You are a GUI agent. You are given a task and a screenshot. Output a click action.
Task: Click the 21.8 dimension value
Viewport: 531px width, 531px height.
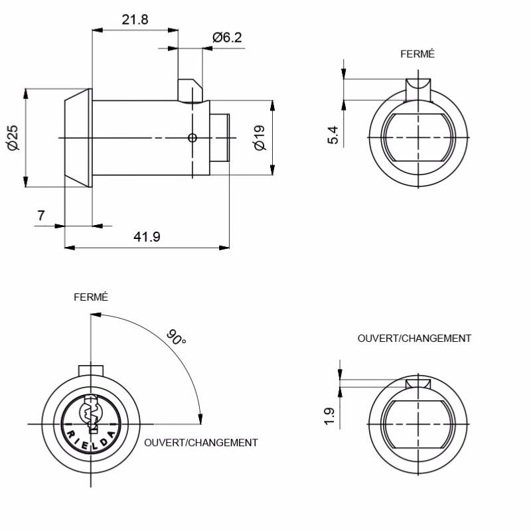pos(135,20)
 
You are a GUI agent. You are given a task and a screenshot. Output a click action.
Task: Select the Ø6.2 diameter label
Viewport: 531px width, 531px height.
pos(227,37)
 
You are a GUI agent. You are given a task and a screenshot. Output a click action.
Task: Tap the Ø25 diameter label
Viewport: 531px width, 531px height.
pos(13,137)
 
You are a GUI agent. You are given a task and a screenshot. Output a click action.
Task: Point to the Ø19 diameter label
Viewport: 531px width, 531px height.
pos(260,137)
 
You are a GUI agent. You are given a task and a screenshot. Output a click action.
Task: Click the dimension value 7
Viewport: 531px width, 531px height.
pos(41,215)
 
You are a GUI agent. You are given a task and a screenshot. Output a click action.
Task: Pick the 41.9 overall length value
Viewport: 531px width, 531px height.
pos(147,236)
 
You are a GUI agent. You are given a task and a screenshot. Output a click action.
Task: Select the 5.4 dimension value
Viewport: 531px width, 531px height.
pos(333,135)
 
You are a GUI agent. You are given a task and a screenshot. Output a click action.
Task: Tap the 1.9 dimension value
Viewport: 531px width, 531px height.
pos(329,416)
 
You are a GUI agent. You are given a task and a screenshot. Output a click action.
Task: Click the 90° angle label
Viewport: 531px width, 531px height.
pos(176,337)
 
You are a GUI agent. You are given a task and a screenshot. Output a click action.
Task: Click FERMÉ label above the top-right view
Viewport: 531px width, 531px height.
pos(417,54)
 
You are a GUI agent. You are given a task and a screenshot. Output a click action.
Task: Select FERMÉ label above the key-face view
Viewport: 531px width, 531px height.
pos(91,297)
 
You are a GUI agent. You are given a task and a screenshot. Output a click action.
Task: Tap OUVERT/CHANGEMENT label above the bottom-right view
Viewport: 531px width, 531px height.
pos(414,339)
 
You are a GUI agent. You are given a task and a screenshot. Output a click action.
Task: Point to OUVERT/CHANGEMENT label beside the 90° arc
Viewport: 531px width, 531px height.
pos(201,443)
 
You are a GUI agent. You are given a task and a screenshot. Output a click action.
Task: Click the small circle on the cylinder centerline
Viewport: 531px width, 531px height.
pos(192,138)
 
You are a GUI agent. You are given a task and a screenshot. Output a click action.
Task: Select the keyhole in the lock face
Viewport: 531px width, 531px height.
pos(90,414)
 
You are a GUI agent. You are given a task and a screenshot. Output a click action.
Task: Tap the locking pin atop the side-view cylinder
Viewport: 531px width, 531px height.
pos(190,90)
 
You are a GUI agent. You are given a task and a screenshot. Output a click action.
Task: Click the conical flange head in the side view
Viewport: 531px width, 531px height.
pos(78,138)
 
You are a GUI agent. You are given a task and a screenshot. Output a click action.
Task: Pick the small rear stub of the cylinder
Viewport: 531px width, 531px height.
pos(220,138)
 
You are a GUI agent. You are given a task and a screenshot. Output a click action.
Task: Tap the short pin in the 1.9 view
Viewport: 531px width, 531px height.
pos(418,384)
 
